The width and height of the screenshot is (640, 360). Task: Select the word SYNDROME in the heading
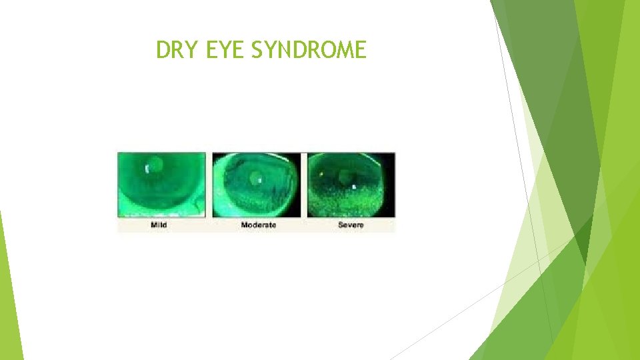pyautogui.click(x=309, y=50)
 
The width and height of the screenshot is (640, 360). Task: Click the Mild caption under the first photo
pyautogui.click(x=159, y=225)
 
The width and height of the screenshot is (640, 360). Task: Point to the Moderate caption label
pyautogui.click(x=258, y=225)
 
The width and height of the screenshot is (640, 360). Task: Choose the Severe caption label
pyautogui.click(x=351, y=225)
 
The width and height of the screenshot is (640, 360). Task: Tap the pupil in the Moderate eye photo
pyautogui.click(x=255, y=177)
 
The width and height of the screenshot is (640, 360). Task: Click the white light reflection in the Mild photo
pyautogui.click(x=147, y=169)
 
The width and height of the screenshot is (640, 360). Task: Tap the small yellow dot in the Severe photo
pyautogui.click(x=322, y=174)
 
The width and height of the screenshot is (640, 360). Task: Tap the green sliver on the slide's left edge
pyautogui.click(x=10, y=300)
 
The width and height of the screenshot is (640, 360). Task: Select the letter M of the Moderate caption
pyautogui.click(x=245, y=225)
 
